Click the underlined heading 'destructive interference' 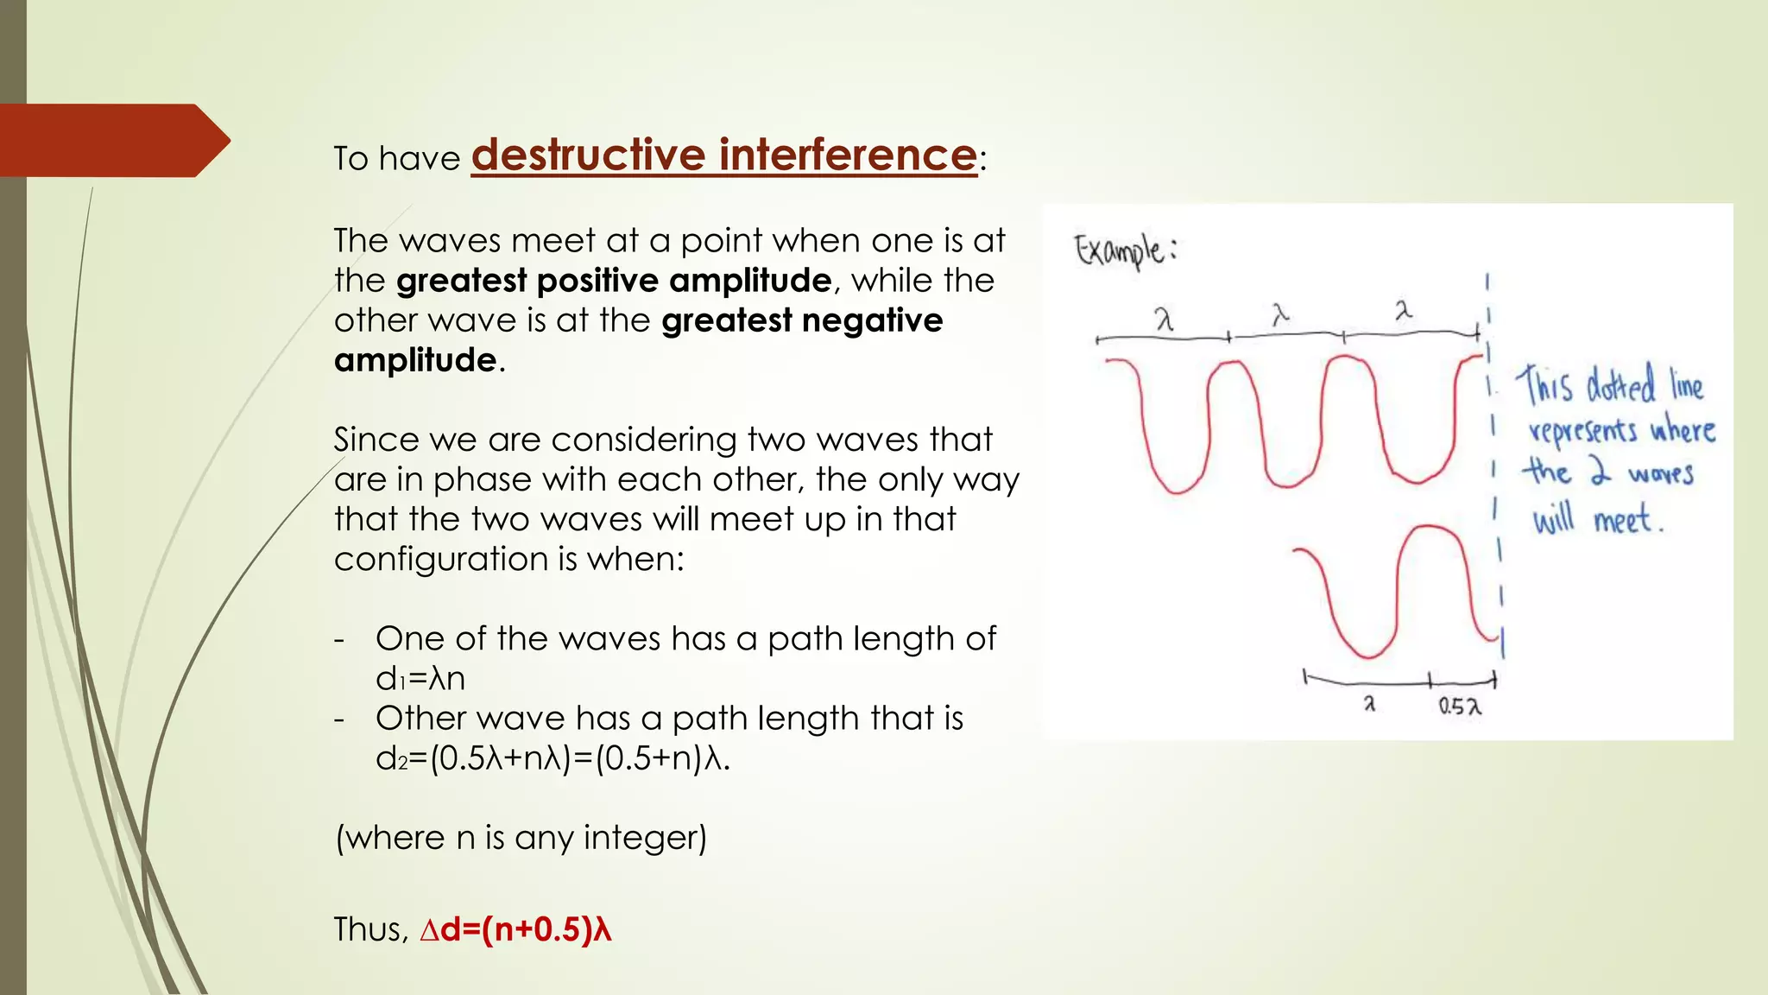click(723, 155)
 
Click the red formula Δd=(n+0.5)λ click(515, 929)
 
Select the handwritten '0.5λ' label click(1459, 707)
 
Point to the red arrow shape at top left click(112, 141)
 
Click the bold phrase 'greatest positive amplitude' click(613, 281)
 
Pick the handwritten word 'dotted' click(1620, 385)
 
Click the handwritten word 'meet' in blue click(1625, 520)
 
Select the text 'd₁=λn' click(420, 678)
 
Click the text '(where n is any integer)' click(521, 837)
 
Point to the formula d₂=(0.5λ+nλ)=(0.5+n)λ click(552, 757)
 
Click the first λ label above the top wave click(1165, 320)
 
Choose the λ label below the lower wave click(1369, 704)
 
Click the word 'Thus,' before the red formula click(370, 929)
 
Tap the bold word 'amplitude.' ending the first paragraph click(419, 360)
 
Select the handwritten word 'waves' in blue click(1660, 474)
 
